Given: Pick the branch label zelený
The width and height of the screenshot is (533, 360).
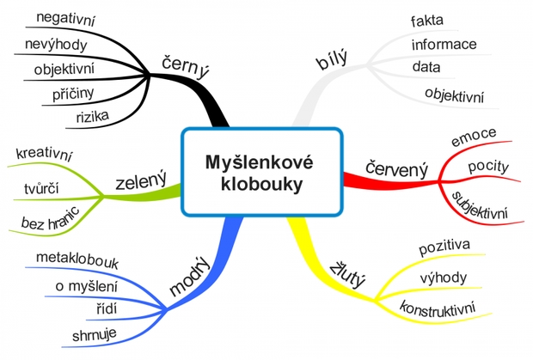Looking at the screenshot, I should [x=141, y=182].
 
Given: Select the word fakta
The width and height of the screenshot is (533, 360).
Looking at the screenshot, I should [x=428, y=20].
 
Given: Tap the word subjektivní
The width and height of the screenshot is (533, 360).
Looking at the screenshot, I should [x=481, y=202].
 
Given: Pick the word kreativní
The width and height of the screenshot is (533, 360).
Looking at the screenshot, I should [x=45, y=156].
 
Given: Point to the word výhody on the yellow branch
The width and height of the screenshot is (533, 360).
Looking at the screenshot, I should [x=444, y=277].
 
